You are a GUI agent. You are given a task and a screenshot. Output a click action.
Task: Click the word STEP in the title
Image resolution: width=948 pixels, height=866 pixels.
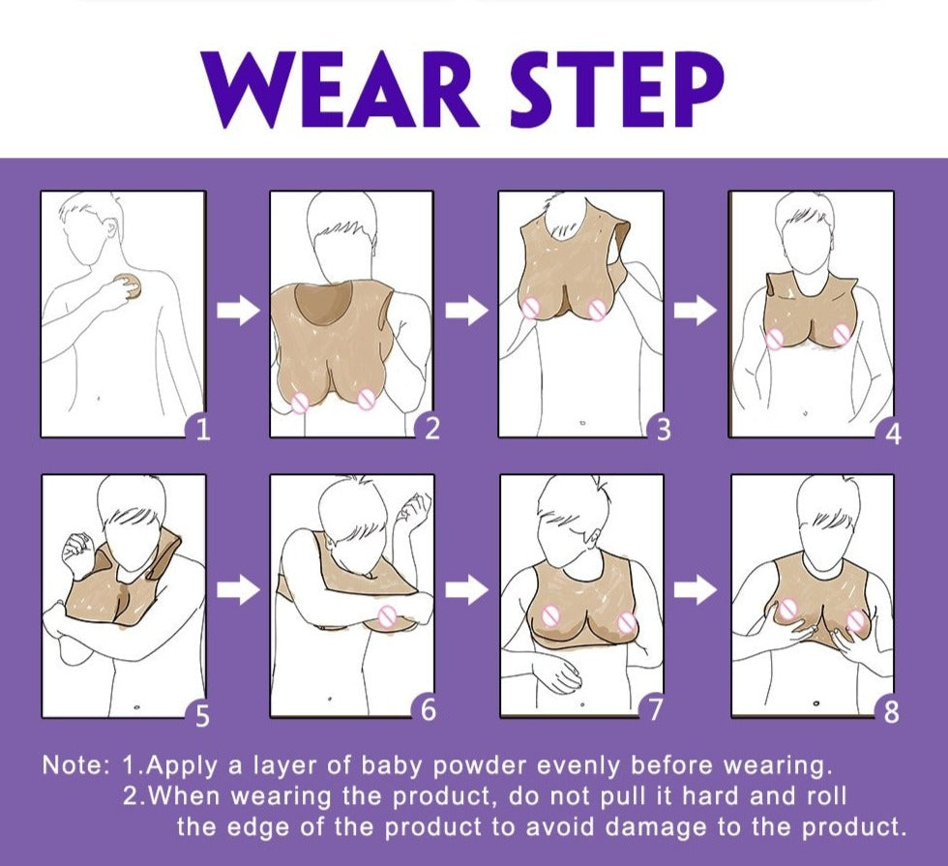coord(617,89)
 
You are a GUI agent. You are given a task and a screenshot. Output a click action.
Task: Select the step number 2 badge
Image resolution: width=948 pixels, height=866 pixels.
coord(430,428)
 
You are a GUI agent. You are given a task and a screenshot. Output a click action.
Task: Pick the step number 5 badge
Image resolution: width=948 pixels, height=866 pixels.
coord(200,714)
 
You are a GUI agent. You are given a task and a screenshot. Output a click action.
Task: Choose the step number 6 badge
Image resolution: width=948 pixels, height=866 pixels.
coord(427,708)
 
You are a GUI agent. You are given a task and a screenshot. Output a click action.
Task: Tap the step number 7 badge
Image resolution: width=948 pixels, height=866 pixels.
coord(654,708)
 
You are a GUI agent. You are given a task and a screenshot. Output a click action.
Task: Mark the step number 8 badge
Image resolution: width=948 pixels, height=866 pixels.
coord(890,712)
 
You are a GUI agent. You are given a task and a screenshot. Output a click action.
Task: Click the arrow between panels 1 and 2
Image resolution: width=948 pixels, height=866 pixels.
coord(238,311)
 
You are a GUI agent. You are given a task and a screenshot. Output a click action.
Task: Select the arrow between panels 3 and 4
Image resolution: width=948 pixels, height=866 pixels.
coord(696,311)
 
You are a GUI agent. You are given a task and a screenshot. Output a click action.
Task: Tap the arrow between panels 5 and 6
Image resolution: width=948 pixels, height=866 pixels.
coord(238,589)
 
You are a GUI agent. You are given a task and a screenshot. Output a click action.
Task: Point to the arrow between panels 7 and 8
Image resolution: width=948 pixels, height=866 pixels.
coord(696,589)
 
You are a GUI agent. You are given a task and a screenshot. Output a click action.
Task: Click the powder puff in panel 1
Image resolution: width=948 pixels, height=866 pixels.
coord(130,286)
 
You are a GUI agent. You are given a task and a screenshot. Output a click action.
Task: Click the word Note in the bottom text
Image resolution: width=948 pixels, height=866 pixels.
coord(73,765)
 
